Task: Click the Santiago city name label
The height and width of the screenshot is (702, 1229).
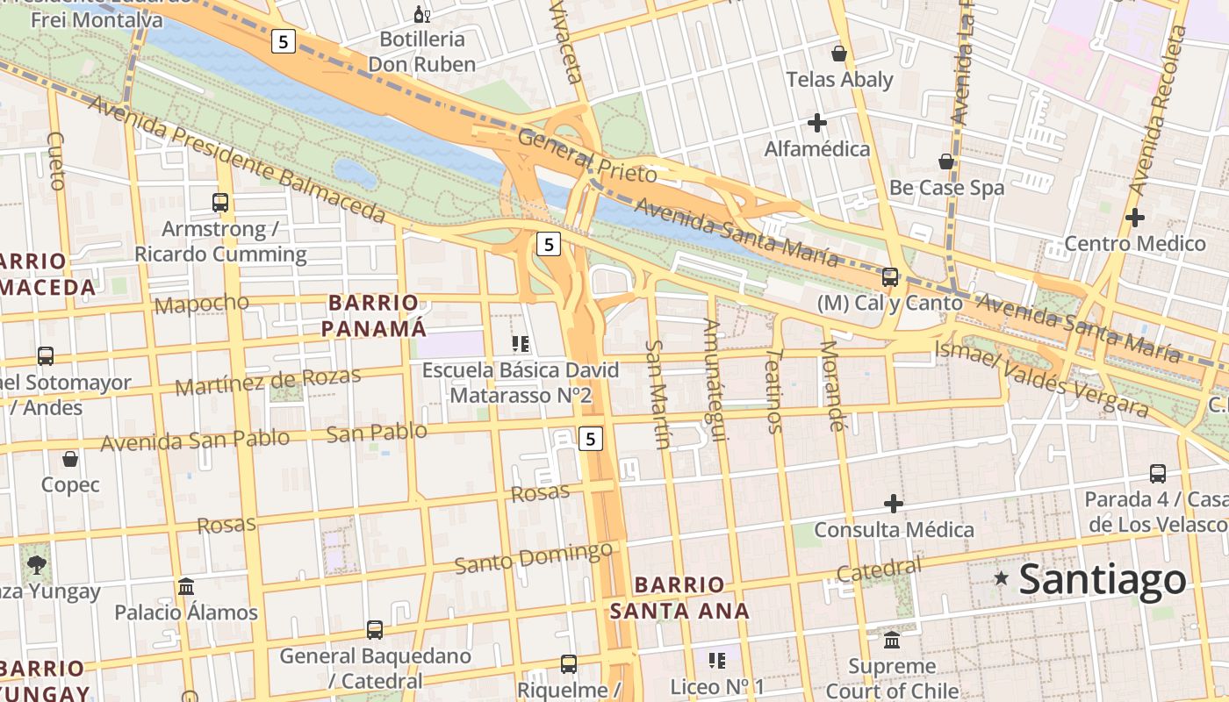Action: pos(1103,580)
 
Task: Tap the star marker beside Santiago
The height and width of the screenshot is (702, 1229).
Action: pos(1001,578)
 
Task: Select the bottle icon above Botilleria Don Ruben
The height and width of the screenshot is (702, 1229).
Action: pos(421,14)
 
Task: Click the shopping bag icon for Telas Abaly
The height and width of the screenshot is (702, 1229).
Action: pos(839,54)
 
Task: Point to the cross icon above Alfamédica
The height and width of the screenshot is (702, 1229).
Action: pos(817,123)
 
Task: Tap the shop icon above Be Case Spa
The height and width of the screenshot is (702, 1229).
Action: pos(946,161)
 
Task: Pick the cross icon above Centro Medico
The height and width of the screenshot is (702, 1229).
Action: pos(1135,218)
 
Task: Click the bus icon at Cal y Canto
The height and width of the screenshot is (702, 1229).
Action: pos(890,277)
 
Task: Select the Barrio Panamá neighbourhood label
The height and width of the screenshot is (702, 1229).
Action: pos(373,316)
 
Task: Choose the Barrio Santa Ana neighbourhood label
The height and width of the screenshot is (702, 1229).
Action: pos(680,598)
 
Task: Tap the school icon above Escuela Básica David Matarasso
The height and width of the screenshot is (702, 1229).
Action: pos(521,344)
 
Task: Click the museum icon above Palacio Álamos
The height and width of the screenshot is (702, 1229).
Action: pos(186,586)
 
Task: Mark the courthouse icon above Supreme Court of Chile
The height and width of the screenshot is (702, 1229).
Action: pos(892,641)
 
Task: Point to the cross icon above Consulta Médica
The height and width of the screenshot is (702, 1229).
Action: pos(894,504)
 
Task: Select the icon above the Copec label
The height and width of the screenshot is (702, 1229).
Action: pos(70,459)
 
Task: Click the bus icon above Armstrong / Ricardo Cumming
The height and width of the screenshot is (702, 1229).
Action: pos(220,203)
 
